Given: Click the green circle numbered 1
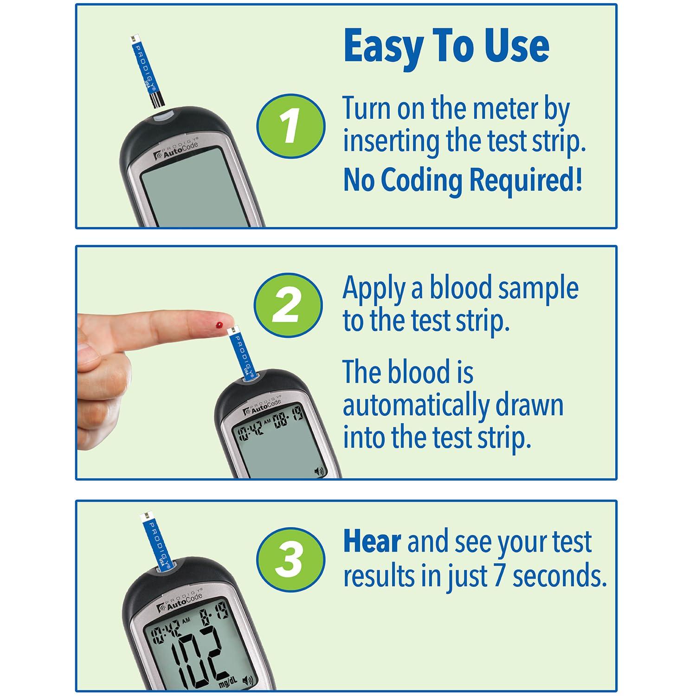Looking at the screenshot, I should pyautogui.click(x=290, y=126).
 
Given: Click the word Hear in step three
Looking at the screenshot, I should pyautogui.click(x=372, y=542).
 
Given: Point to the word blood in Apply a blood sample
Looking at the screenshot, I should pyautogui.click(x=457, y=289).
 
